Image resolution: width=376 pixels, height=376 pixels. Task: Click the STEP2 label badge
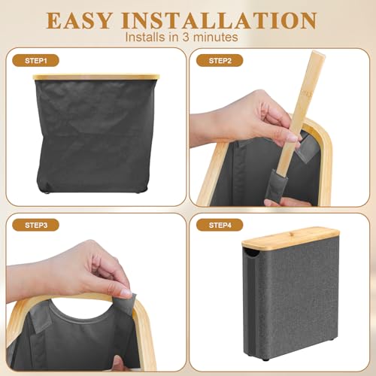coord(220,59)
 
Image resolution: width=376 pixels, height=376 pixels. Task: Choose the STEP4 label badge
coord(220,224)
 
